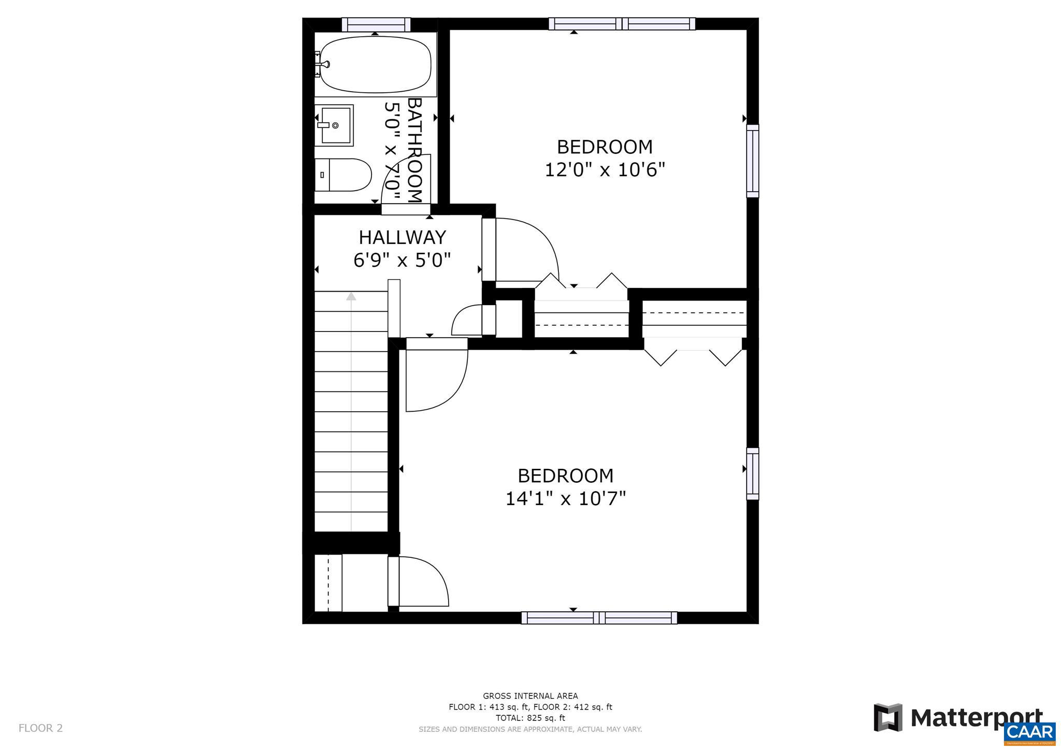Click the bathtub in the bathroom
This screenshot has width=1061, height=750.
[375, 64]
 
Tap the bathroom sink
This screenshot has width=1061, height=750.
[335, 125]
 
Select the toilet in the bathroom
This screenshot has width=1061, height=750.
[343, 175]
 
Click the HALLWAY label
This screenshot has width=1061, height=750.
[402, 237]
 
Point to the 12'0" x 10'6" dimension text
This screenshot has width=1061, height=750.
[604, 169]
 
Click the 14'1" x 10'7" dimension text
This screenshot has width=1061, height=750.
[565, 498]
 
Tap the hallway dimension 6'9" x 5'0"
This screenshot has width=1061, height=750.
[402, 259]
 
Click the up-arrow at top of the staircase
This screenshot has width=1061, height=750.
[351, 296]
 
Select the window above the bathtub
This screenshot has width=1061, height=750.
[376, 24]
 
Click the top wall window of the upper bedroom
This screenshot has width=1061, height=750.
[622, 24]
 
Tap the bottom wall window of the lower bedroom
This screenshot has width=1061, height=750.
[599, 617]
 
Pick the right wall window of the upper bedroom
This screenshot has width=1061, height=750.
[752, 161]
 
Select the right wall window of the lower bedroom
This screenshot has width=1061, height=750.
[752, 473]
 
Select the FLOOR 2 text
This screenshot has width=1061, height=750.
[40, 728]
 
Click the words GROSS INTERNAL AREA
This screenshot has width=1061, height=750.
[530, 696]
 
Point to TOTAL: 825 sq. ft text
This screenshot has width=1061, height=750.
[530, 718]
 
